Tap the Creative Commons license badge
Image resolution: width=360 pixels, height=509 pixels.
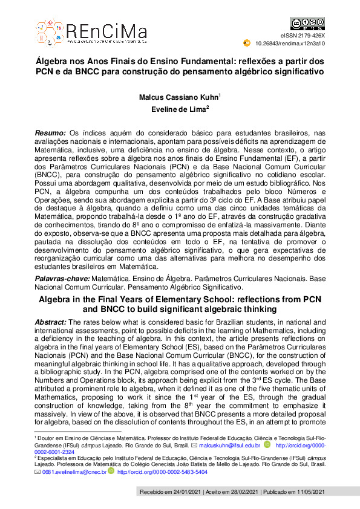304,24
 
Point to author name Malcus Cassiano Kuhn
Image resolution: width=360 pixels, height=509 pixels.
178,96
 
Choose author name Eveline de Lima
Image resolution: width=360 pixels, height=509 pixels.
178,109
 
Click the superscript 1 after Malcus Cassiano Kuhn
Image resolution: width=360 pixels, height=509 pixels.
219,94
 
